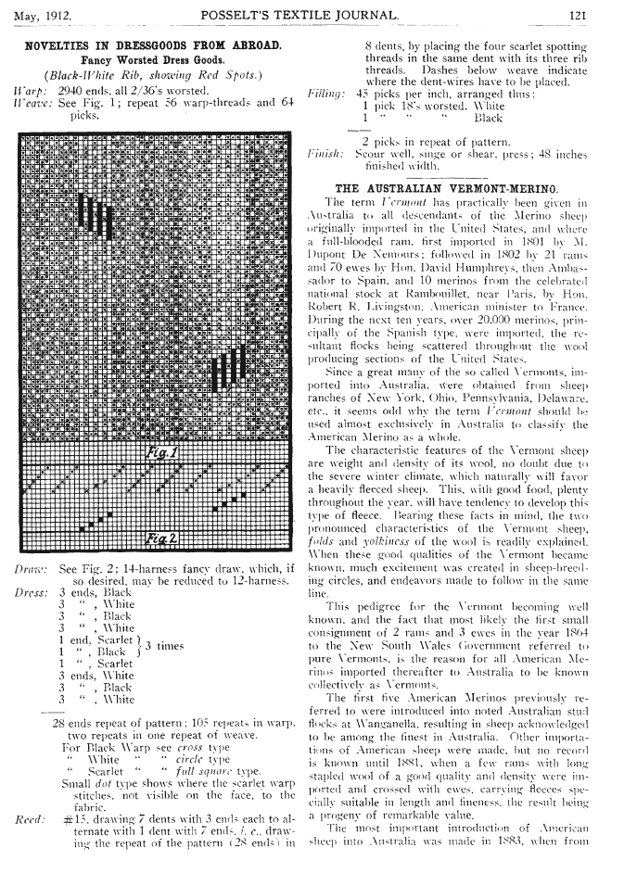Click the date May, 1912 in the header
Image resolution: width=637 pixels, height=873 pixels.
pyautogui.click(x=43, y=14)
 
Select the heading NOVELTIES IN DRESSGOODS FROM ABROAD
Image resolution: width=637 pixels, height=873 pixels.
pyautogui.click(x=154, y=44)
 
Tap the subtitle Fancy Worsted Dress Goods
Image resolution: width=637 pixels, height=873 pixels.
pyautogui.click(x=154, y=60)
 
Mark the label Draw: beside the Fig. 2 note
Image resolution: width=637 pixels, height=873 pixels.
pyautogui.click(x=33, y=568)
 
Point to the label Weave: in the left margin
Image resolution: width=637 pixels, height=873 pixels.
pyautogui.click(x=32, y=104)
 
